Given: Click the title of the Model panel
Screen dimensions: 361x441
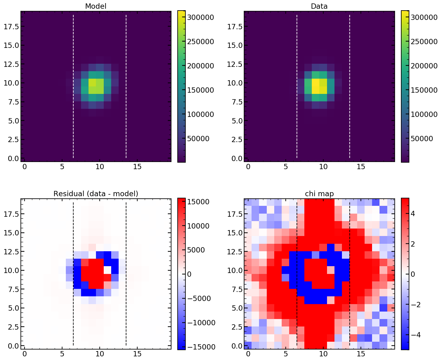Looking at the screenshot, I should coord(96,6).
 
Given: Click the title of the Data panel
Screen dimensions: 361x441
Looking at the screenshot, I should coord(319,6).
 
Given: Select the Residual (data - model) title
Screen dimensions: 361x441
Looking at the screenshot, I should coord(96,194).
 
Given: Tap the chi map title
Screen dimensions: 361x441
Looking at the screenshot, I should coord(319,194).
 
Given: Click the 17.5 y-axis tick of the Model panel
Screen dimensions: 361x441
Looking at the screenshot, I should coord(11,26).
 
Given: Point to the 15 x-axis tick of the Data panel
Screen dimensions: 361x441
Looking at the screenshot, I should coord(361,167).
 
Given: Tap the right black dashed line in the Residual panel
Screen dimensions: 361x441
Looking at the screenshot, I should coord(126,274).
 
